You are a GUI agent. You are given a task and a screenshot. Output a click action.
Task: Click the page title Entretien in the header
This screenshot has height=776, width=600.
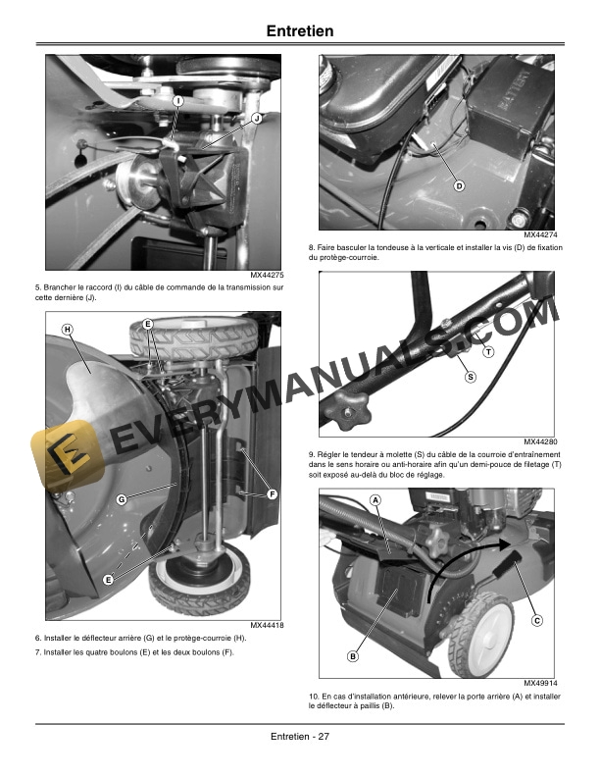(300, 31)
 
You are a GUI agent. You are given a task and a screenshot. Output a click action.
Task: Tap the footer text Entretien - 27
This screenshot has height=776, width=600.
(299, 738)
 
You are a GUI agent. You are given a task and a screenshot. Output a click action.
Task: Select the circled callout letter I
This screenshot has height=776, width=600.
(177, 101)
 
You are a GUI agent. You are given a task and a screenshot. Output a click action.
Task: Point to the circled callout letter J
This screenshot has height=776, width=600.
(257, 118)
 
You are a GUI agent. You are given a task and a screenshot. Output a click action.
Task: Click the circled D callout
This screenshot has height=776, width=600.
(458, 185)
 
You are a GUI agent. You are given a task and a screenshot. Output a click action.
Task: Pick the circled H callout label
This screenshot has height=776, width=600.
(67, 329)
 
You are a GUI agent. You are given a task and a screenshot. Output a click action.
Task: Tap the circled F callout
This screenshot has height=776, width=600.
(273, 493)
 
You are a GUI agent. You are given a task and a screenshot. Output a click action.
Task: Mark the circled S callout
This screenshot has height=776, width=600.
(470, 377)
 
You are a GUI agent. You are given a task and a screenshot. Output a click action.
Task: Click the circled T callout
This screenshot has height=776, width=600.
(488, 351)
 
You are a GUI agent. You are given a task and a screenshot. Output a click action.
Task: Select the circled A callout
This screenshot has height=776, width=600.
(375, 500)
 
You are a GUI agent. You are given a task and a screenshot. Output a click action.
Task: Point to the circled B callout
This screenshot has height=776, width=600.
(352, 656)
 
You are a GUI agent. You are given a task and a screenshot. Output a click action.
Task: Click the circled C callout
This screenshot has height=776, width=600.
(537, 620)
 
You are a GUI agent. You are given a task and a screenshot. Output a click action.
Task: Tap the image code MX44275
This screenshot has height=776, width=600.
(266, 276)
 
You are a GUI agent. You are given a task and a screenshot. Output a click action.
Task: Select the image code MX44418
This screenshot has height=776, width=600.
(266, 625)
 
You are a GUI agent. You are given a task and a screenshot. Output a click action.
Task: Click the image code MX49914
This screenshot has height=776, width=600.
(539, 683)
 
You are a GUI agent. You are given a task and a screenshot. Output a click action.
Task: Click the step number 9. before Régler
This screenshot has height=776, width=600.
(312, 453)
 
